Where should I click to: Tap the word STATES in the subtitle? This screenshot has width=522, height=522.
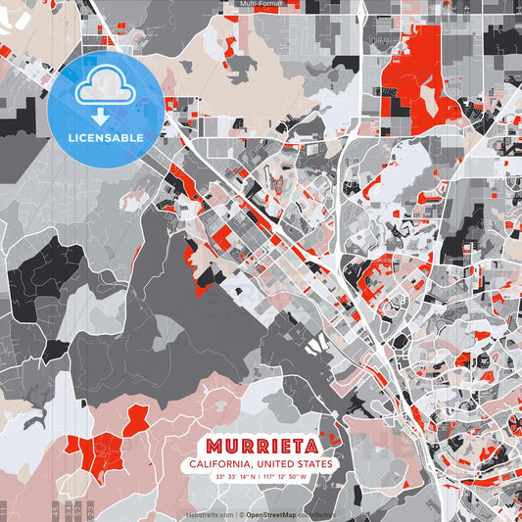[310, 463]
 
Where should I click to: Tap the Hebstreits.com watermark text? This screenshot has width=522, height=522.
[210, 514]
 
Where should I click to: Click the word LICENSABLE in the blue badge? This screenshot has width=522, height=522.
[106, 137]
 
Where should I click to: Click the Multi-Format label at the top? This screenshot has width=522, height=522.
[261, 4]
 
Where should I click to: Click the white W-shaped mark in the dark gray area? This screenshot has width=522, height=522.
[315, 344]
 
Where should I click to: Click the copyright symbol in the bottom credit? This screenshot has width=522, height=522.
[241, 514]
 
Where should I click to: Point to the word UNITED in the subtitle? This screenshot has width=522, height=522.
[270, 463]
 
